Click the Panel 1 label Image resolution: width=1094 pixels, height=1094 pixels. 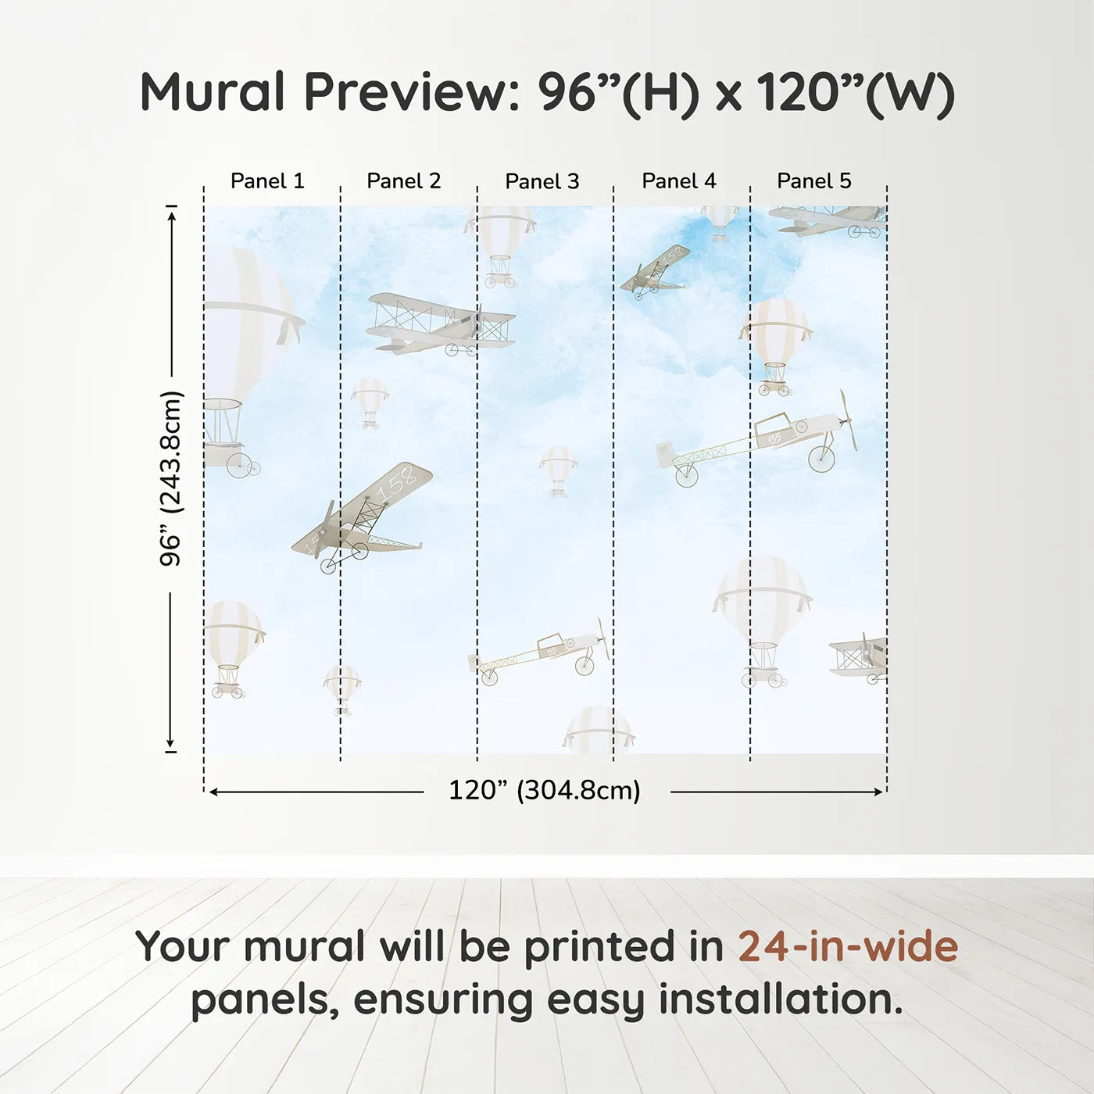click(x=267, y=181)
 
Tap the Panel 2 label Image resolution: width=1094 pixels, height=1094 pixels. click(x=404, y=181)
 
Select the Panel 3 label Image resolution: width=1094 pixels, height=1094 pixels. click(x=542, y=182)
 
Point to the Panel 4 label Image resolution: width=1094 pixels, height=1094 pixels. click(x=679, y=181)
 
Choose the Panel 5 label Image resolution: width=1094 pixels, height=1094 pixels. click(x=814, y=181)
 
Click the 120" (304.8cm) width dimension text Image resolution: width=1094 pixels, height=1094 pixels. click(x=545, y=791)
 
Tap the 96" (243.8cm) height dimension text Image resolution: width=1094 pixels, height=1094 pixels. click(x=170, y=478)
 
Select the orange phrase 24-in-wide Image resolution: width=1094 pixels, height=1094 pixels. click(x=848, y=947)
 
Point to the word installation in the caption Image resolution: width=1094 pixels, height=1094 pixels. click(x=781, y=1000)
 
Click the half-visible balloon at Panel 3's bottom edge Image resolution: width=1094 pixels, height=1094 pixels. click(x=598, y=731)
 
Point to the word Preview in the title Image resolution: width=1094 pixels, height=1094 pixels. click(x=406, y=92)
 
